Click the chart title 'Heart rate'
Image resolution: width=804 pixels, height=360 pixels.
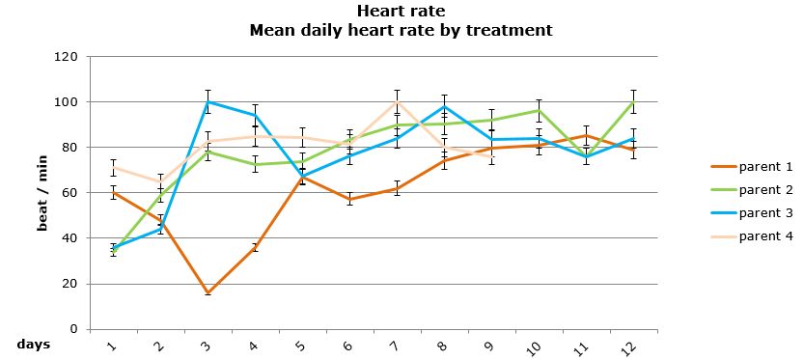point(401,12)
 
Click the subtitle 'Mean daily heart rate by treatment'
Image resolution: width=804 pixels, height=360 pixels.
point(401,30)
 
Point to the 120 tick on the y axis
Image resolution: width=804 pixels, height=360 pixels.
point(66,57)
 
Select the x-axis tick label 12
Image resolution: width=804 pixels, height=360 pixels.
point(629,344)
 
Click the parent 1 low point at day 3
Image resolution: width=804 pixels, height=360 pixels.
point(208,292)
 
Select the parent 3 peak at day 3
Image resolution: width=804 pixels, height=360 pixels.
point(208,101)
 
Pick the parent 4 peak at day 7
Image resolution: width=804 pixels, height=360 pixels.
point(397,101)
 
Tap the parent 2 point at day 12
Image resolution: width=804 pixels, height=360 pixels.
point(633,101)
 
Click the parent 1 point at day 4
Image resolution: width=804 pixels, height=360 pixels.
point(255,247)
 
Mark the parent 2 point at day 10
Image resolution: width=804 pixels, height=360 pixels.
point(539,110)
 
